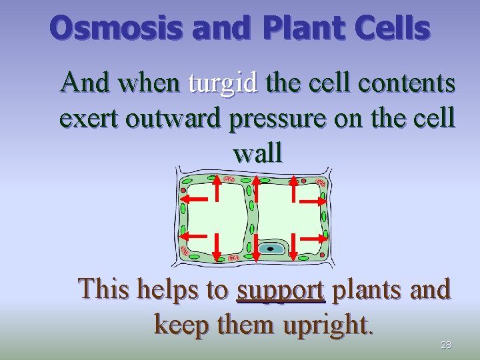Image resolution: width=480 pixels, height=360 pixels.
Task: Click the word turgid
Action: tap(223, 83)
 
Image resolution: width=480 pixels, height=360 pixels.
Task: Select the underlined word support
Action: tap(281, 291)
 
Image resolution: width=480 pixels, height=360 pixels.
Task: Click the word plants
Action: tap(365, 290)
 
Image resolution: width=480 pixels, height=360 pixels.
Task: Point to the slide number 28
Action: tap(446, 345)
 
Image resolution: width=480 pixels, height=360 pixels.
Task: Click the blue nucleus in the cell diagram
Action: tap(271, 249)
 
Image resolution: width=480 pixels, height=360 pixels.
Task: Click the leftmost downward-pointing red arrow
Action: tap(217, 247)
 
